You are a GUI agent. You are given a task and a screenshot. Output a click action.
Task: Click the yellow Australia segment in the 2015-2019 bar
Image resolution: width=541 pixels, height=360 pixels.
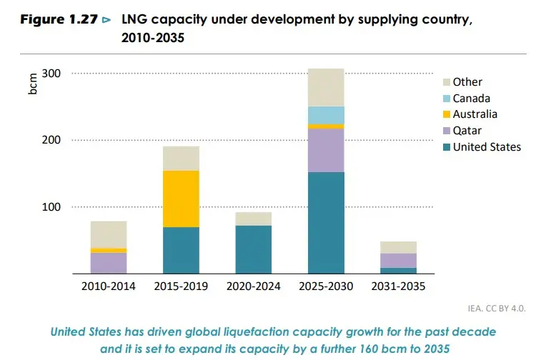pos(181,199)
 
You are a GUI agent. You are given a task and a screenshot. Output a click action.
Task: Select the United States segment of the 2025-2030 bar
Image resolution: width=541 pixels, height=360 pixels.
pos(326,222)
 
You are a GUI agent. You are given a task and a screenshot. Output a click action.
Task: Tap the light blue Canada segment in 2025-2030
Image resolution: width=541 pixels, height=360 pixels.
pos(326,115)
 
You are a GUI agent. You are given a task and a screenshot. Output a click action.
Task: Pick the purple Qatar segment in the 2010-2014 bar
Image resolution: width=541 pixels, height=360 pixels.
pos(109,263)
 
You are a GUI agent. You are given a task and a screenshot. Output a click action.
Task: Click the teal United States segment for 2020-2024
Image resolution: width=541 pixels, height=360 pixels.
pos(253,249)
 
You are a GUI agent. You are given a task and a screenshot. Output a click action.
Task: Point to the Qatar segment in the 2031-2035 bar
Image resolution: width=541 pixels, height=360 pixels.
pos(398,260)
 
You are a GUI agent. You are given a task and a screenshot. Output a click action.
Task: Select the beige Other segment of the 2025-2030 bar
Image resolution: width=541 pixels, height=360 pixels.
pos(326,87)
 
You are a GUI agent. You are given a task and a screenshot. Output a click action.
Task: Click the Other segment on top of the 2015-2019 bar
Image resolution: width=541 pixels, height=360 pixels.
pos(181,158)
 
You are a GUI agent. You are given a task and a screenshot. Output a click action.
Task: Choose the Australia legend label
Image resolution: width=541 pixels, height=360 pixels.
pos(475,114)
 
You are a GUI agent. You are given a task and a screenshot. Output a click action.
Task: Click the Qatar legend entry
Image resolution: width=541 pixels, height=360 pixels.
pos(467,131)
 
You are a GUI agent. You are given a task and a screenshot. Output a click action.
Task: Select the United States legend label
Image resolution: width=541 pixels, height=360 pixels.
pos(487,147)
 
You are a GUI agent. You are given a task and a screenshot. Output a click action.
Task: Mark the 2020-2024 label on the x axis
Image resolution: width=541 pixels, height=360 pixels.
pos(253,286)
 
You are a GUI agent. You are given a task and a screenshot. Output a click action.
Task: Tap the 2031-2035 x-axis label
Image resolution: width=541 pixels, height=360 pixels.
pos(398,286)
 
